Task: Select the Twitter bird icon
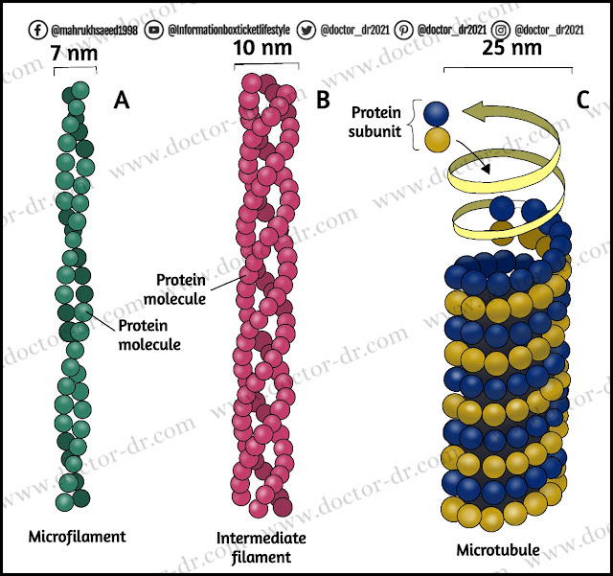[x=332, y=29]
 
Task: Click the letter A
[x=123, y=98]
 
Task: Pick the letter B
[x=323, y=98]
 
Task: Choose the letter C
[x=583, y=98]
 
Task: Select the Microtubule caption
[x=499, y=549]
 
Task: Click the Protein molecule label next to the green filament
[x=148, y=334]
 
